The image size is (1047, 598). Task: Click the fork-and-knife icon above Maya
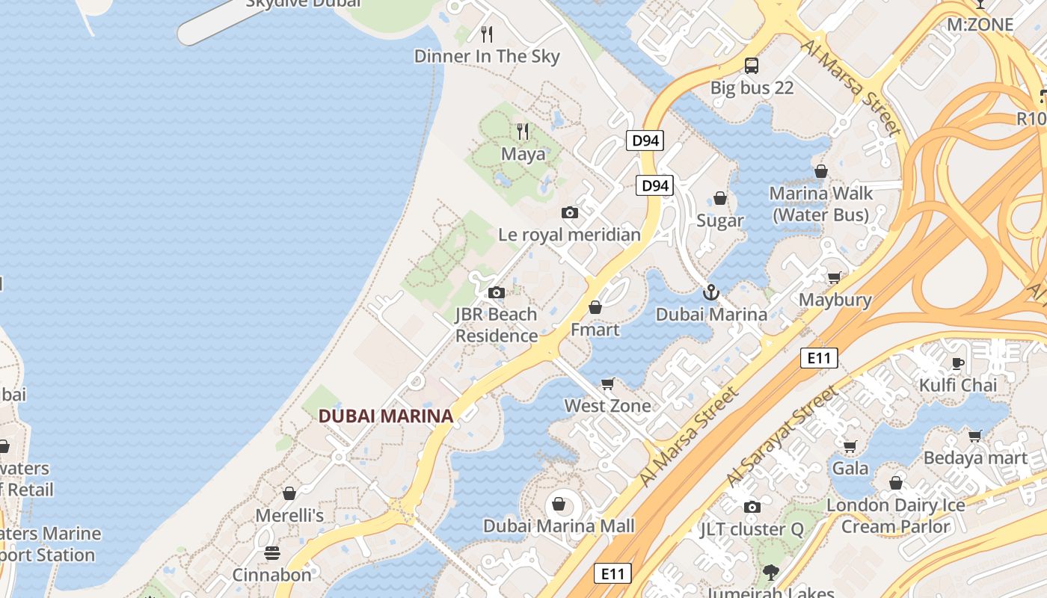click(x=523, y=132)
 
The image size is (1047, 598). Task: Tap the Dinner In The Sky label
click(x=487, y=56)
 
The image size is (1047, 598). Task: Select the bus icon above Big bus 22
click(x=752, y=66)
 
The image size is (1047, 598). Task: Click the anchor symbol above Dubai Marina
click(x=711, y=292)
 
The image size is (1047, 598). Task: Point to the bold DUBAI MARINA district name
click(x=386, y=416)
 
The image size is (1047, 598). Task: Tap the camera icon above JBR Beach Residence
click(x=497, y=292)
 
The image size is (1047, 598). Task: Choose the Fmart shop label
click(x=595, y=330)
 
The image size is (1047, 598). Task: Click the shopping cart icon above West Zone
click(x=608, y=383)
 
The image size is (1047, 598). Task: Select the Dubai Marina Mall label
click(x=559, y=525)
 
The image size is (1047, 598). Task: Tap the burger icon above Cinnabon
click(x=271, y=553)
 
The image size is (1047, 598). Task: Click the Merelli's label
click(x=289, y=516)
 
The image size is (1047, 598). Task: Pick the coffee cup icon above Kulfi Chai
click(x=958, y=364)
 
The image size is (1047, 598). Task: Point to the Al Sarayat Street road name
click(x=782, y=434)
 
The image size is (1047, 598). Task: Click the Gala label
click(x=850, y=469)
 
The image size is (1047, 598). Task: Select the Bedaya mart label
click(x=975, y=457)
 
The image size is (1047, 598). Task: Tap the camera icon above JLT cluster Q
click(x=752, y=508)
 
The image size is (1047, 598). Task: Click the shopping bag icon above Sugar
click(x=720, y=198)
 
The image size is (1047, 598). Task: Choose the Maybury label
click(x=835, y=300)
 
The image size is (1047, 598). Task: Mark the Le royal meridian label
click(x=569, y=235)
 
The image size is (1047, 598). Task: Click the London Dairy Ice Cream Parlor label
click(x=895, y=516)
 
